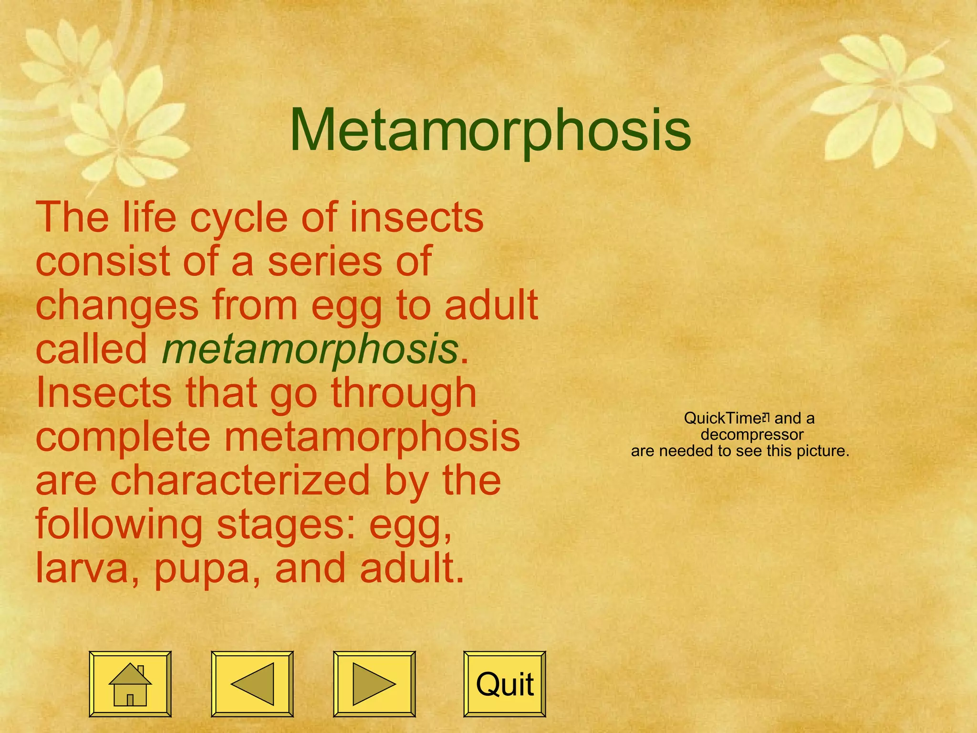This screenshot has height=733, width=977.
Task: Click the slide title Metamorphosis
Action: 490,130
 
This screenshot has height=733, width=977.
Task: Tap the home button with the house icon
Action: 130,684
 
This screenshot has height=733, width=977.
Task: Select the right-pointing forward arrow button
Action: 374,684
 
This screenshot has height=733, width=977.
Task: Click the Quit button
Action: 505,684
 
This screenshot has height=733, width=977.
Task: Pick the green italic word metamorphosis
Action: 310,348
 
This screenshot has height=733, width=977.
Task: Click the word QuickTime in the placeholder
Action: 723,418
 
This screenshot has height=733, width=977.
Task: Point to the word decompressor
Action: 752,434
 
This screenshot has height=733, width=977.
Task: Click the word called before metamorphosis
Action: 92,348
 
